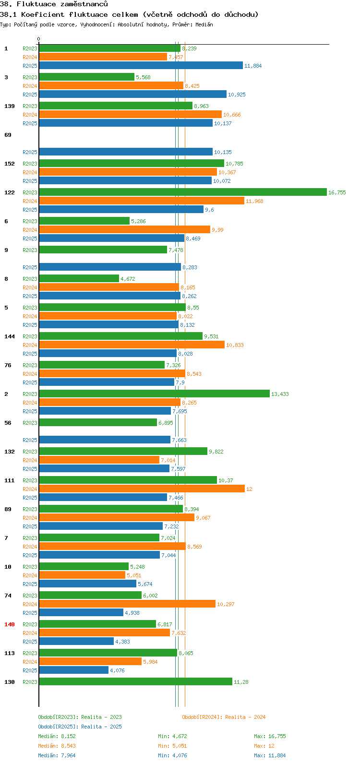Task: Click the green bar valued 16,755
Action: pyautogui.click(x=183, y=192)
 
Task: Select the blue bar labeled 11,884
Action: pyautogui.click(x=141, y=65)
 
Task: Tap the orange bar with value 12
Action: pyautogui.click(x=142, y=489)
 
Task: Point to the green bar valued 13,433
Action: pyautogui.click(x=154, y=394)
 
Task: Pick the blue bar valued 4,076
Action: pyautogui.click(x=74, y=670)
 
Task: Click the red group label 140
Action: pyautogui.click(x=10, y=624)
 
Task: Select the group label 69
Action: pyautogui.click(x=8, y=135)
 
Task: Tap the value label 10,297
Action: pyautogui.click(x=226, y=604)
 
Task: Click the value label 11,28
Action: pyautogui.click(x=241, y=682)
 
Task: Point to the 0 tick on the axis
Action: pyautogui.click(x=38, y=39)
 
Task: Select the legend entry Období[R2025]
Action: pyautogui.click(x=58, y=727)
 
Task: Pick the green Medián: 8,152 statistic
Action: pyautogui.click(x=57, y=736)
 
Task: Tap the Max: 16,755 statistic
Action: pyautogui.click(x=270, y=736)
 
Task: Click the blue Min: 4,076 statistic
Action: pyautogui.click(x=172, y=755)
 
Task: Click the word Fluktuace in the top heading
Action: pyautogui.click(x=36, y=4)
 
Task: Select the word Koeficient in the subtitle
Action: pyautogui.click(x=43, y=15)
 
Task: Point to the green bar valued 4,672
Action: pyautogui.click(x=79, y=279)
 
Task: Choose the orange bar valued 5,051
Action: pyautogui.click(x=82, y=575)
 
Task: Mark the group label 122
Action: pyautogui.click(x=10, y=193)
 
